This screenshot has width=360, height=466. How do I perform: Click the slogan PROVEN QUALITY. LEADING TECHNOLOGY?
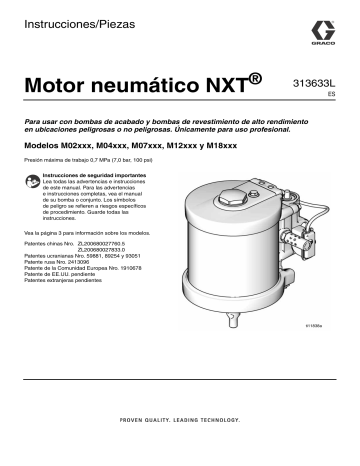(180, 418)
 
